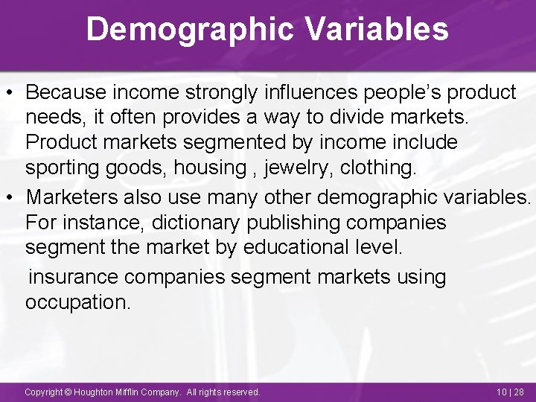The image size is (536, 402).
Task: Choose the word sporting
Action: click(x=63, y=167)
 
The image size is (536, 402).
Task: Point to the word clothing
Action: click(x=378, y=167)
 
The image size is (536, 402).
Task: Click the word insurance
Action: click(x=73, y=277)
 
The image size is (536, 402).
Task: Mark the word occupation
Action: click(x=77, y=302)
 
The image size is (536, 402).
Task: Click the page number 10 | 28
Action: click(x=511, y=392)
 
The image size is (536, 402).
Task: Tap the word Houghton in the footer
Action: click(x=100, y=392)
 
